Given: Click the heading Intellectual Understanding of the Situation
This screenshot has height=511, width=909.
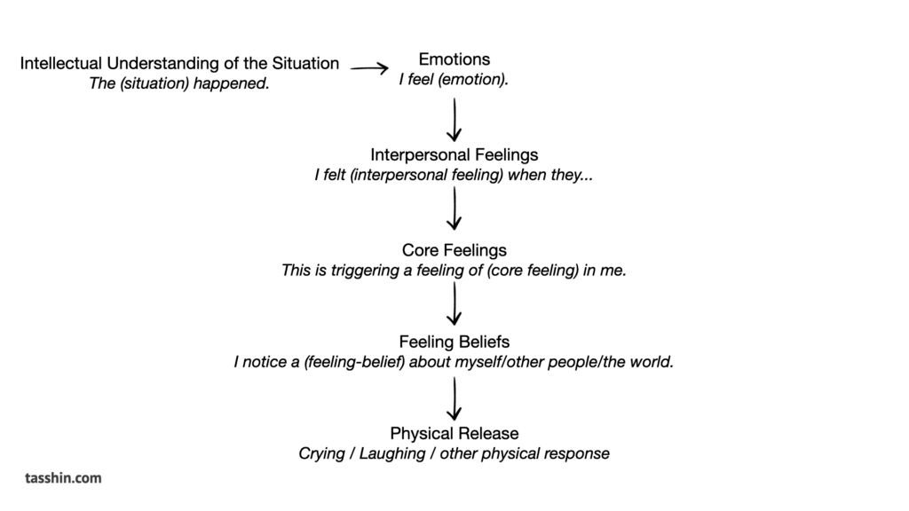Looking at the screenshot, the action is (179, 63).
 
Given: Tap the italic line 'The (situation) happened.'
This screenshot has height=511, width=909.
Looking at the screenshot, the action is (179, 83).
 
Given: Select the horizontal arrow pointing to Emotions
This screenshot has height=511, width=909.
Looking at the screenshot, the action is (369, 68).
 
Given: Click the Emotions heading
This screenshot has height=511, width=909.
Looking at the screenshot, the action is (454, 59).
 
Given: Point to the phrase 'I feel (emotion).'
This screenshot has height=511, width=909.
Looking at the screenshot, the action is (454, 79).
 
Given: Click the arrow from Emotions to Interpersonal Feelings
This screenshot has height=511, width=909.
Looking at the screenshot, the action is (454, 120).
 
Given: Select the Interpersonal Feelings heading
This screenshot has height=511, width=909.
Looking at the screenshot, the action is (454, 154).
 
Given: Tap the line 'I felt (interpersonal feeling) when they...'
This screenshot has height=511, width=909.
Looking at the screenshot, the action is (454, 175).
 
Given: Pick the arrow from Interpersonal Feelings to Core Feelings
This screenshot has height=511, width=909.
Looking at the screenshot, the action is (454, 208).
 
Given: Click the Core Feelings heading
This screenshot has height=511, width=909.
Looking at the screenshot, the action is (454, 250).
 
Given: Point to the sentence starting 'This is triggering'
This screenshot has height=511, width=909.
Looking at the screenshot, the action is (454, 271).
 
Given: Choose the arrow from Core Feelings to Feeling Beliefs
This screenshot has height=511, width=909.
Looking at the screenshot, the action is (454, 303).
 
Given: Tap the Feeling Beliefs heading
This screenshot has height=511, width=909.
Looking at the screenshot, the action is (454, 342).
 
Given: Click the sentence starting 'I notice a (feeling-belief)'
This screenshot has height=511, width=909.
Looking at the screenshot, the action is (454, 362).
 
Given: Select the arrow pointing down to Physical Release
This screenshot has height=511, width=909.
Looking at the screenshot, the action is (454, 398).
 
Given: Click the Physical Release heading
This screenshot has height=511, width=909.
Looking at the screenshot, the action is (454, 433).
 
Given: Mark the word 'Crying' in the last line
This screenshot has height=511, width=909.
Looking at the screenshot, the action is (321, 453).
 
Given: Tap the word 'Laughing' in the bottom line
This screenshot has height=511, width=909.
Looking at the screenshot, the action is (391, 453).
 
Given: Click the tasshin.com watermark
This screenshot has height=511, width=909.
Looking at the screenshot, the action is (63, 478).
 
